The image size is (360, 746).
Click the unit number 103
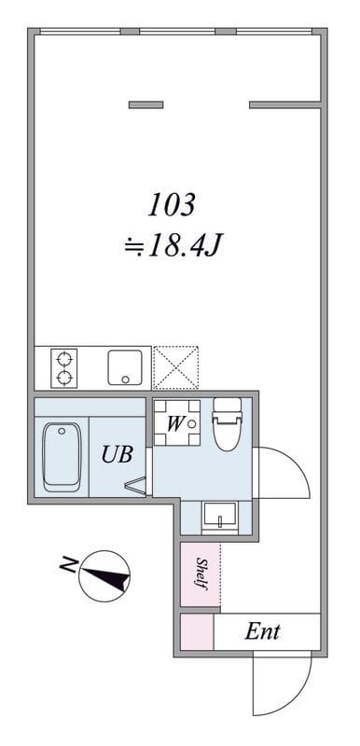point(172,204)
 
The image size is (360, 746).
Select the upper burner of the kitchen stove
point(65,357)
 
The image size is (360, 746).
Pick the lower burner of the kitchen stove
point(65,378)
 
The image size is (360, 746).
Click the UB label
point(118,455)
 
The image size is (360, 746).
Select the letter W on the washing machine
point(174,422)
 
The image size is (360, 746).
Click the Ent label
point(263,631)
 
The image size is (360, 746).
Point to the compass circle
point(104,575)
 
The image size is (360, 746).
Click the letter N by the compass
point(68,564)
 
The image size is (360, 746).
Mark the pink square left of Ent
point(196,631)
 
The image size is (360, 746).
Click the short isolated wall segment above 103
point(145,104)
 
